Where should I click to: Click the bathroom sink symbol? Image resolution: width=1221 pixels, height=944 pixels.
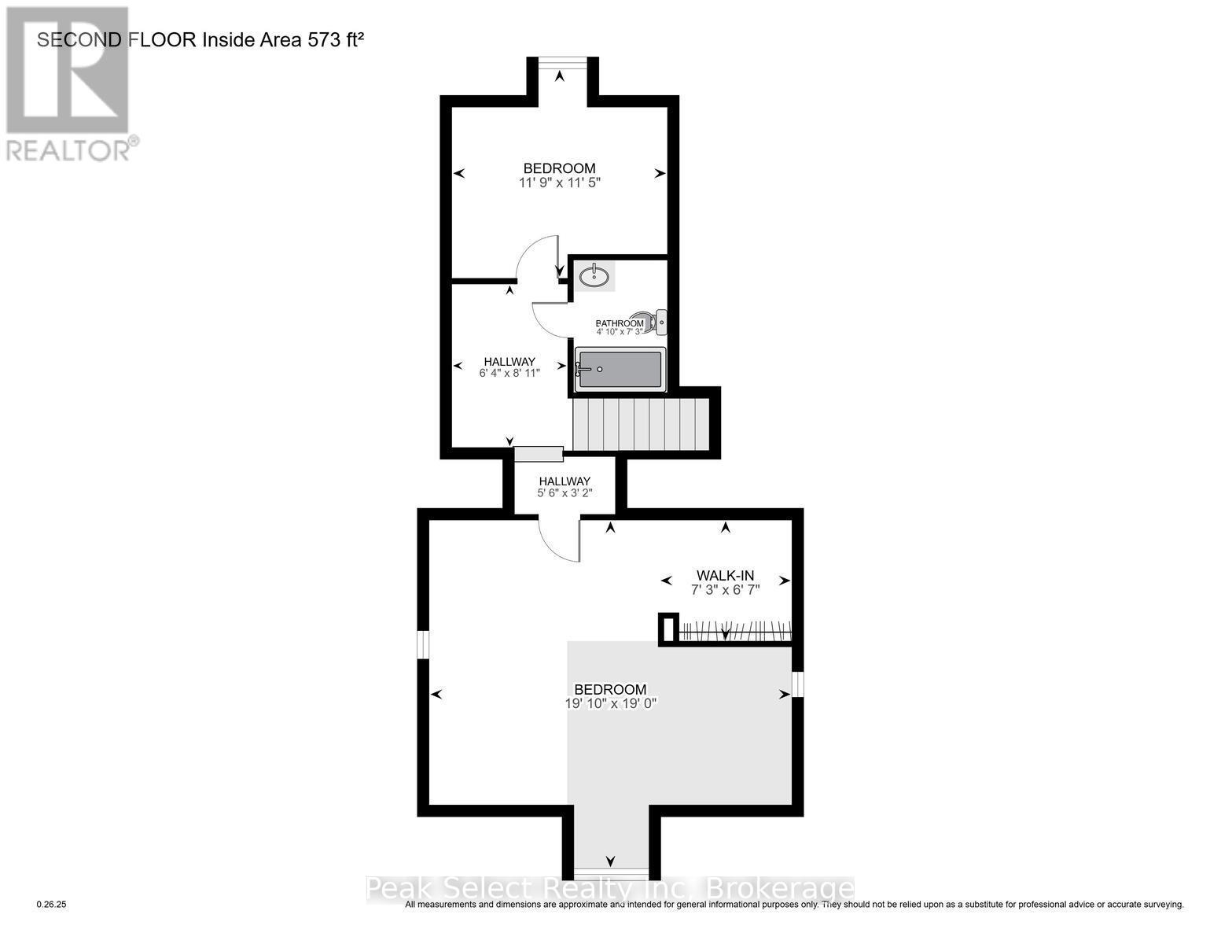click(x=594, y=276)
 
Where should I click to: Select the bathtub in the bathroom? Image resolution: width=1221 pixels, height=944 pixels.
click(x=620, y=370)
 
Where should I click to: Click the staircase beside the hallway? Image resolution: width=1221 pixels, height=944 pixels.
click(x=640, y=424)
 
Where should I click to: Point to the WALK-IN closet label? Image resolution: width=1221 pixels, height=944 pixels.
click(x=725, y=575)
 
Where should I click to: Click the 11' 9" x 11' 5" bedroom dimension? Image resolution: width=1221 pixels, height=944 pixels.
click(x=559, y=183)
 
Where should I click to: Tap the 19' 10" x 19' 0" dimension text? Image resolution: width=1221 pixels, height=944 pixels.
click(x=610, y=703)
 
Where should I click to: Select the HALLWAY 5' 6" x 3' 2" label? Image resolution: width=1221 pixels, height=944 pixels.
click(x=564, y=487)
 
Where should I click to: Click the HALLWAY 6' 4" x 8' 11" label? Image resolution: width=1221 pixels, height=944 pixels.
click(x=509, y=367)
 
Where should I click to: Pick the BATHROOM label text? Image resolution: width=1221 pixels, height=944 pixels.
click(x=620, y=323)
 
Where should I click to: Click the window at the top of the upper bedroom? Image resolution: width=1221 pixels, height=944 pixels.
click(x=559, y=61)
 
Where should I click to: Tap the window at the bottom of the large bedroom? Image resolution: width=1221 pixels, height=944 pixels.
click(x=611, y=874)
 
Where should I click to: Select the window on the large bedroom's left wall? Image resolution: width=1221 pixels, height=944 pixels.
click(x=423, y=644)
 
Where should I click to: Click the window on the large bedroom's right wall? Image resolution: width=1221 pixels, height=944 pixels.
click(x=798, y=684)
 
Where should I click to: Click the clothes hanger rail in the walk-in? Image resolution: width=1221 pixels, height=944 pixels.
click(x=734, y=631)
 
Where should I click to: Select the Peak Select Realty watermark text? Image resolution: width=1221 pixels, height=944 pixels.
click(x=610, y=889)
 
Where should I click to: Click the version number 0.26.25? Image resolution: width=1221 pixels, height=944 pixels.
click(x=53, y=905)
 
